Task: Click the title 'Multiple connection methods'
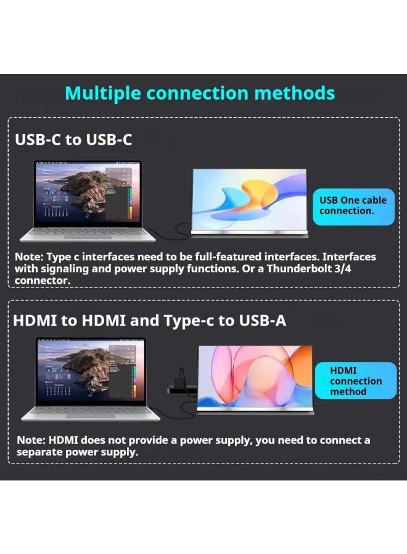200,93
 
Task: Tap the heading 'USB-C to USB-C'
73,140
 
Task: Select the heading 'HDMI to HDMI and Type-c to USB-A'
149,321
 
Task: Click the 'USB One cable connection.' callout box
353,206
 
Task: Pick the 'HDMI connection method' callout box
355,380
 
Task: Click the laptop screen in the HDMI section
91,371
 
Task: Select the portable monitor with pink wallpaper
255,375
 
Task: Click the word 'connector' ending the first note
43,280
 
